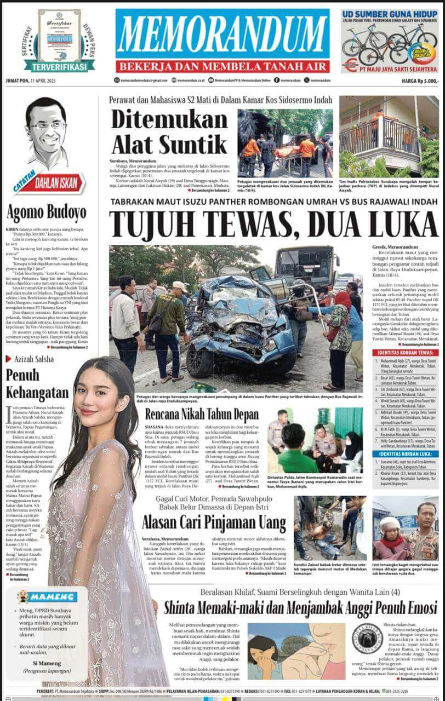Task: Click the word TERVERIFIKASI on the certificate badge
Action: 59,67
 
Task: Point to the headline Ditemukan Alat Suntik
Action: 169,132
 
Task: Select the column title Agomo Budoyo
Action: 46,212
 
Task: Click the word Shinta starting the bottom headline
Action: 187,608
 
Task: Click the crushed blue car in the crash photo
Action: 236,323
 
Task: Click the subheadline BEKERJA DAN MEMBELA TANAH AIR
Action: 222,66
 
